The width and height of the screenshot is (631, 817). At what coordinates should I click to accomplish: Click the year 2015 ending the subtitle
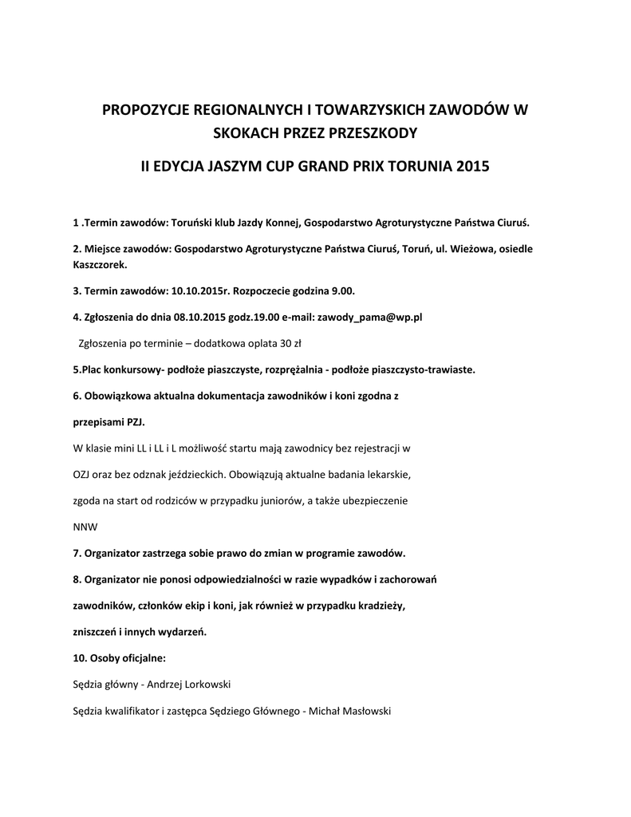click(471, 168)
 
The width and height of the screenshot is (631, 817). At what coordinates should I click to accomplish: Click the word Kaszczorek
click(99, 263)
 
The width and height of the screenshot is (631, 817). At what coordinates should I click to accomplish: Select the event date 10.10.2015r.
click(200, 290)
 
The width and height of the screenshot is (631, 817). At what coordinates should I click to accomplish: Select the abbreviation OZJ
click(83, 475)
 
